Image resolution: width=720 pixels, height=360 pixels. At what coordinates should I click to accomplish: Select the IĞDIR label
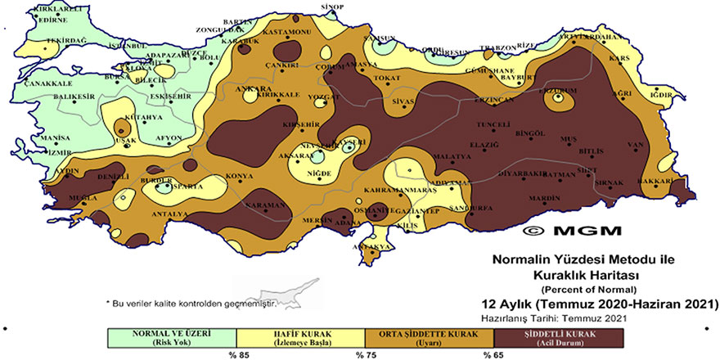point(660,94)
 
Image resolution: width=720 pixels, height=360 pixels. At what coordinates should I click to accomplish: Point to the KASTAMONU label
point(287,32)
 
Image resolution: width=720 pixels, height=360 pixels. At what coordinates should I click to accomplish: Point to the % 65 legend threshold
point(493,355)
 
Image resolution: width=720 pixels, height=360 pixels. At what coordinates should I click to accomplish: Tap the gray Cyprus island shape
point(278,294)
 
